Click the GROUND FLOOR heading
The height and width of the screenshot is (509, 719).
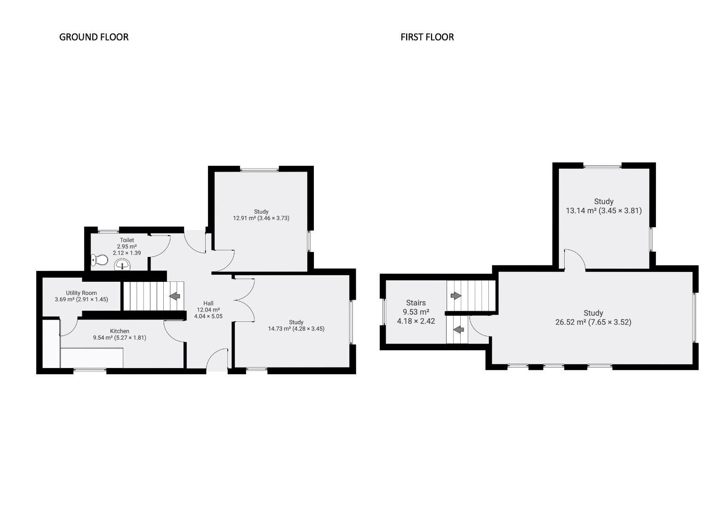(94, 37)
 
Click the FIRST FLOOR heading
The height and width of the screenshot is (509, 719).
(427, 37)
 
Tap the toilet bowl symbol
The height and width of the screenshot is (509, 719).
(100, 260)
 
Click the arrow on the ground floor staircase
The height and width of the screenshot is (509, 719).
(175, 296)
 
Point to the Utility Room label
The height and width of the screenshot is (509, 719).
(81, 293)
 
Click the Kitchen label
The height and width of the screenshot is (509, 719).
(120, 331)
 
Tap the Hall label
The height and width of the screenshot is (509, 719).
(208, 303)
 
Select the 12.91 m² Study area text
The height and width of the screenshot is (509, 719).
(261, 218)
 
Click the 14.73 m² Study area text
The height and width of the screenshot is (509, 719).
(296, 329)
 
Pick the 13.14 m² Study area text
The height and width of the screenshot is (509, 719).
(603, 211)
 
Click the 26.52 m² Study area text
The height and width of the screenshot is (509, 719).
(593, 322)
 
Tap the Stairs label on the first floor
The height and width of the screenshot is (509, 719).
(415, 303)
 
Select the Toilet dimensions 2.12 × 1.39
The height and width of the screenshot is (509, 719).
(127, 253)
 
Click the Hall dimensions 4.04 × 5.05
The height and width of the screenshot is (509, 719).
(208, 316)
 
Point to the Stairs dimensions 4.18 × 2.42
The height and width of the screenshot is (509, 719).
(415, 321)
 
